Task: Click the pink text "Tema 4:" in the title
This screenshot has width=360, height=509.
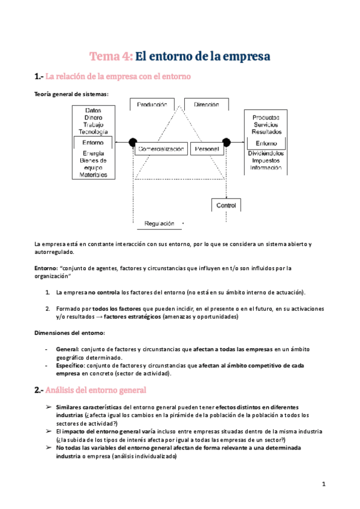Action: (x=111, y=56)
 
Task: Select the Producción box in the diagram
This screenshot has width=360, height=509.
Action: (x=151, y=104)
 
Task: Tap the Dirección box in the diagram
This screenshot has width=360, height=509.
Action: (x=206, y=104)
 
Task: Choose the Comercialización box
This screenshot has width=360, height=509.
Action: (x=160, y=148)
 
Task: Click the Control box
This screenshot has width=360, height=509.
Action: (x=227, y=205)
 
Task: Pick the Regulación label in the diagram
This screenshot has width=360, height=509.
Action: (x=159, y=223)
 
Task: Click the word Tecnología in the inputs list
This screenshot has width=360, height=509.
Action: (x=93, y=131)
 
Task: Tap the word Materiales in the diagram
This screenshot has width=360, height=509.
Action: (x=93, y=175)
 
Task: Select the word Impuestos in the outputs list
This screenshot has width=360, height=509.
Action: (x=266, y=160)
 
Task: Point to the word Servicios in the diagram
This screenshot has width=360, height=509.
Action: (x=266, y=124)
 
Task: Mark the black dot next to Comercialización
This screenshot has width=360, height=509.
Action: (x=132, y=142)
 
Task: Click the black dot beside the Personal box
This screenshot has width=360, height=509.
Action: (x=227, y=142)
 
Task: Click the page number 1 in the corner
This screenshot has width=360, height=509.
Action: (x=323, y=484)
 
